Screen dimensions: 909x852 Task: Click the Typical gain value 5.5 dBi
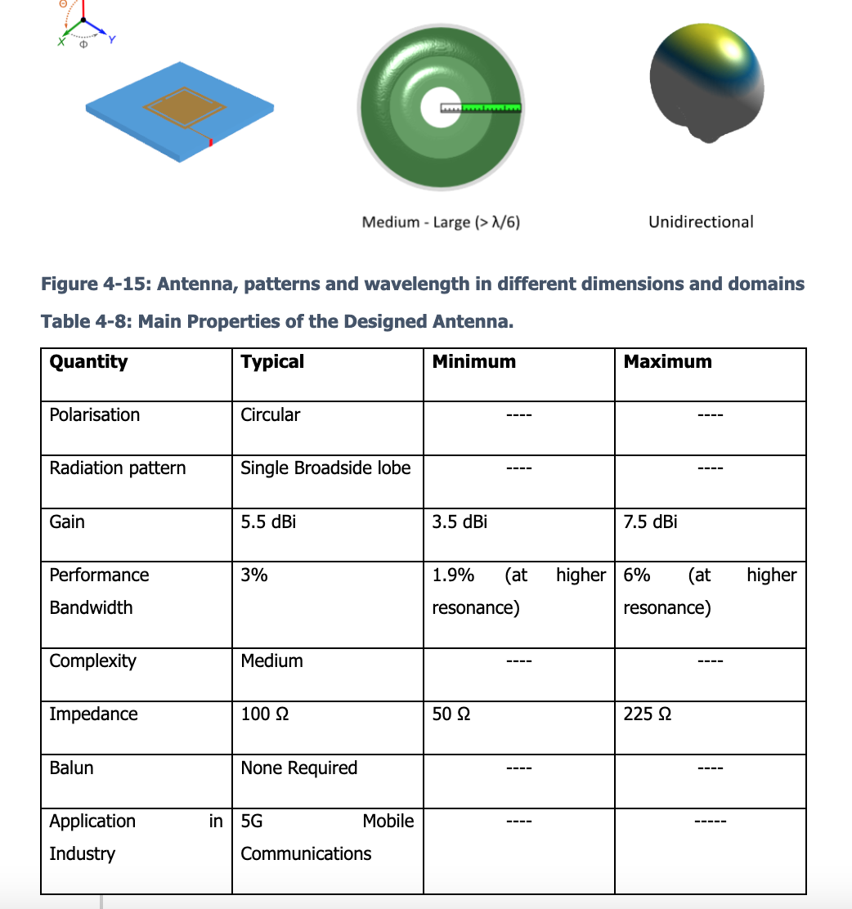[268, 522]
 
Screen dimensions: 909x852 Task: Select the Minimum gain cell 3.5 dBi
[460, 522]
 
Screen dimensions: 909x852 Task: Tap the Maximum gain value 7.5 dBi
[650, 522]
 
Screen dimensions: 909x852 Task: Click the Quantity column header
[88, 361]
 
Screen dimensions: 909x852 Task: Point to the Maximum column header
[667, 361]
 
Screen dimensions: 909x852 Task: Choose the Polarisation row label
[95, 414]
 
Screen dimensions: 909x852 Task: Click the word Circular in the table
[270, 414]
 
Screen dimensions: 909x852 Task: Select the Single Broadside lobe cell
[325, 468]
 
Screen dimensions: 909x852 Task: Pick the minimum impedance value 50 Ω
[451, 714]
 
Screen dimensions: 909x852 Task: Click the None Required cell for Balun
[298, 768]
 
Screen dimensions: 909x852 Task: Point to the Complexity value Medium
[271, 660]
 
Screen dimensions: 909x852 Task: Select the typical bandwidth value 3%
[254, 575]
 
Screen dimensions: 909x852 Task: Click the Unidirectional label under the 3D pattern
[701, 222]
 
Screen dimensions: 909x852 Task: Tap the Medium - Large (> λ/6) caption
[441, 222]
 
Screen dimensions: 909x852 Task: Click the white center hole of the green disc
[432, 108]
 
